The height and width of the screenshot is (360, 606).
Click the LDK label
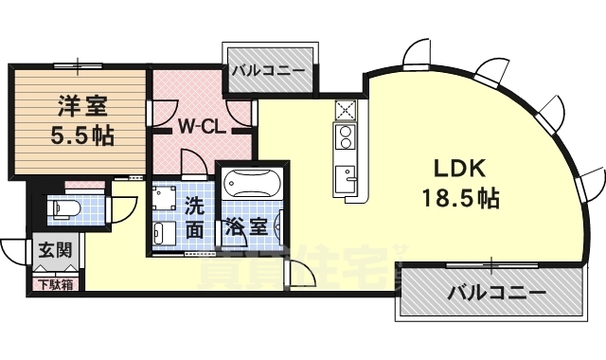point(459,169)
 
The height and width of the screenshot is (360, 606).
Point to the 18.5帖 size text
point(461,200)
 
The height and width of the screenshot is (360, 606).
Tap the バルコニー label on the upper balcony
point(269,69)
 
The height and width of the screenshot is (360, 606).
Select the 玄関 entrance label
point(52,251)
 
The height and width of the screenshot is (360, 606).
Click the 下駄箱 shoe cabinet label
point(54,283)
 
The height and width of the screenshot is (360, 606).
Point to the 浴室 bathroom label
point(241,228)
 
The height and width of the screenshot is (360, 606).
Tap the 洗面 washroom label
point(194,216)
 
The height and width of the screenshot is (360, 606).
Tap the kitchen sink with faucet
point(345,176)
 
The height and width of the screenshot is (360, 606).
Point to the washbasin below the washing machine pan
point(164,234)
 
